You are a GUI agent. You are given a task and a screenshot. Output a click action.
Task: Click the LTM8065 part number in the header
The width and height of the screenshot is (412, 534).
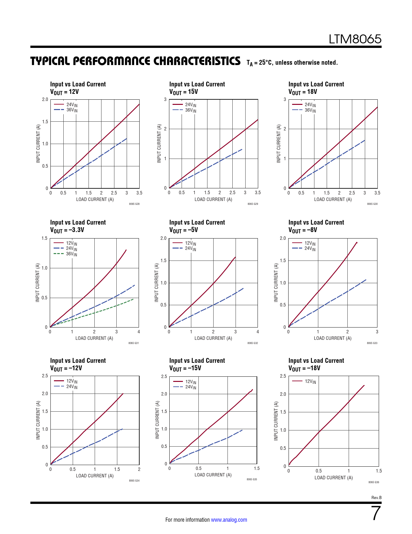pos(355,39)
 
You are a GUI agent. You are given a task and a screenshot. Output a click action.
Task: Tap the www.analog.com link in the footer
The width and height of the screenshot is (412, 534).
pos(229,520)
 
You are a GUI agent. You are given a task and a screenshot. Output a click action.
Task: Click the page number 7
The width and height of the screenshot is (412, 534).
pos(376,513)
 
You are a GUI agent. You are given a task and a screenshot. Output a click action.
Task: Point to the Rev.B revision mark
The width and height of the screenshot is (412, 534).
pos(376,497)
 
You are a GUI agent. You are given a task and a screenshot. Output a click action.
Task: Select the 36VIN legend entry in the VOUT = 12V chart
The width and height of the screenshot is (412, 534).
pos(66,110)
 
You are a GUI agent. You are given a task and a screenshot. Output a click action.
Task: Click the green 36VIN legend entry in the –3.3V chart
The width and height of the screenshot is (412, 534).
pos(66,254)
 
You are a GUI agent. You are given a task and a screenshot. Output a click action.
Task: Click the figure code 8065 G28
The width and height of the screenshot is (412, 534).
pos(134,204)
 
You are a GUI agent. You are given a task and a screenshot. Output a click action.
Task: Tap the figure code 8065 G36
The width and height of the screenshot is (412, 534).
pos(374,482)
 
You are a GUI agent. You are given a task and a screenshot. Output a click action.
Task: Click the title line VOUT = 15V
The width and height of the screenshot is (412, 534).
pos(184,92)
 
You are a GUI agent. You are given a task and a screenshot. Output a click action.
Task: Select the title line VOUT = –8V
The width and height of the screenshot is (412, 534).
pos(303,230)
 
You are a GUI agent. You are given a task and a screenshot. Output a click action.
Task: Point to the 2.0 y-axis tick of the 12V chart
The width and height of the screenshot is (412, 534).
pos(45,99)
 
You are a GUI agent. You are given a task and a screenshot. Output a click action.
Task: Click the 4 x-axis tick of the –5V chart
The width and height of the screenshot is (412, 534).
pos(258,332)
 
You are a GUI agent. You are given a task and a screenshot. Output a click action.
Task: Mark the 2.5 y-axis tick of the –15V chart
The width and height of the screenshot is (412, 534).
pos(164,376)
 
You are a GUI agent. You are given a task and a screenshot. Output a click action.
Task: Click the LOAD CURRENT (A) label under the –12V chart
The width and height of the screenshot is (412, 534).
pos(95,476)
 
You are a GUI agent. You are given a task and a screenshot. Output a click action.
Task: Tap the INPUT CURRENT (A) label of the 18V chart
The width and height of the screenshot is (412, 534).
pos(279,143)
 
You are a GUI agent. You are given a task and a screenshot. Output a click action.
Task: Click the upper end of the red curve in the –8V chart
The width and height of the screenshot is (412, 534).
pos(356,242)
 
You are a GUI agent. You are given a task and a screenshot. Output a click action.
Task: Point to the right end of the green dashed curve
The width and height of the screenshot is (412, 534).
pos(133,299)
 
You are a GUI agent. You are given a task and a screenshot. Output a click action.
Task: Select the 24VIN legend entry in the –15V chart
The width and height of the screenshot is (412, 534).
pos(185,387)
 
